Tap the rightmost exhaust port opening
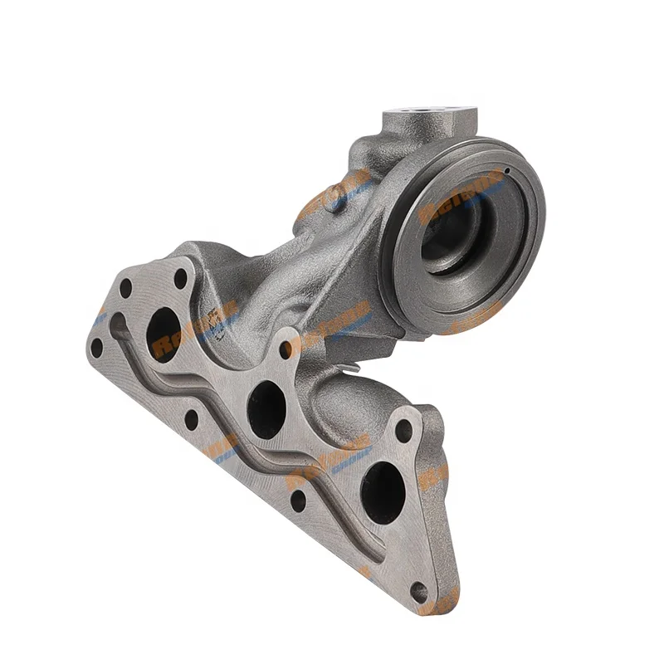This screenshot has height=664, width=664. point(383,492)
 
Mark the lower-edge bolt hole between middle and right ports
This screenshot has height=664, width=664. point(297,500)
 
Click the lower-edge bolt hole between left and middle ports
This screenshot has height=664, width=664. point(192,420)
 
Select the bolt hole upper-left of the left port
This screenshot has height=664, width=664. point(125,290)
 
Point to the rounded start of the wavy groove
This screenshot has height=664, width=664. point(119,323)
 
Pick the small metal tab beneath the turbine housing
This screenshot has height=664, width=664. point(352,362)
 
